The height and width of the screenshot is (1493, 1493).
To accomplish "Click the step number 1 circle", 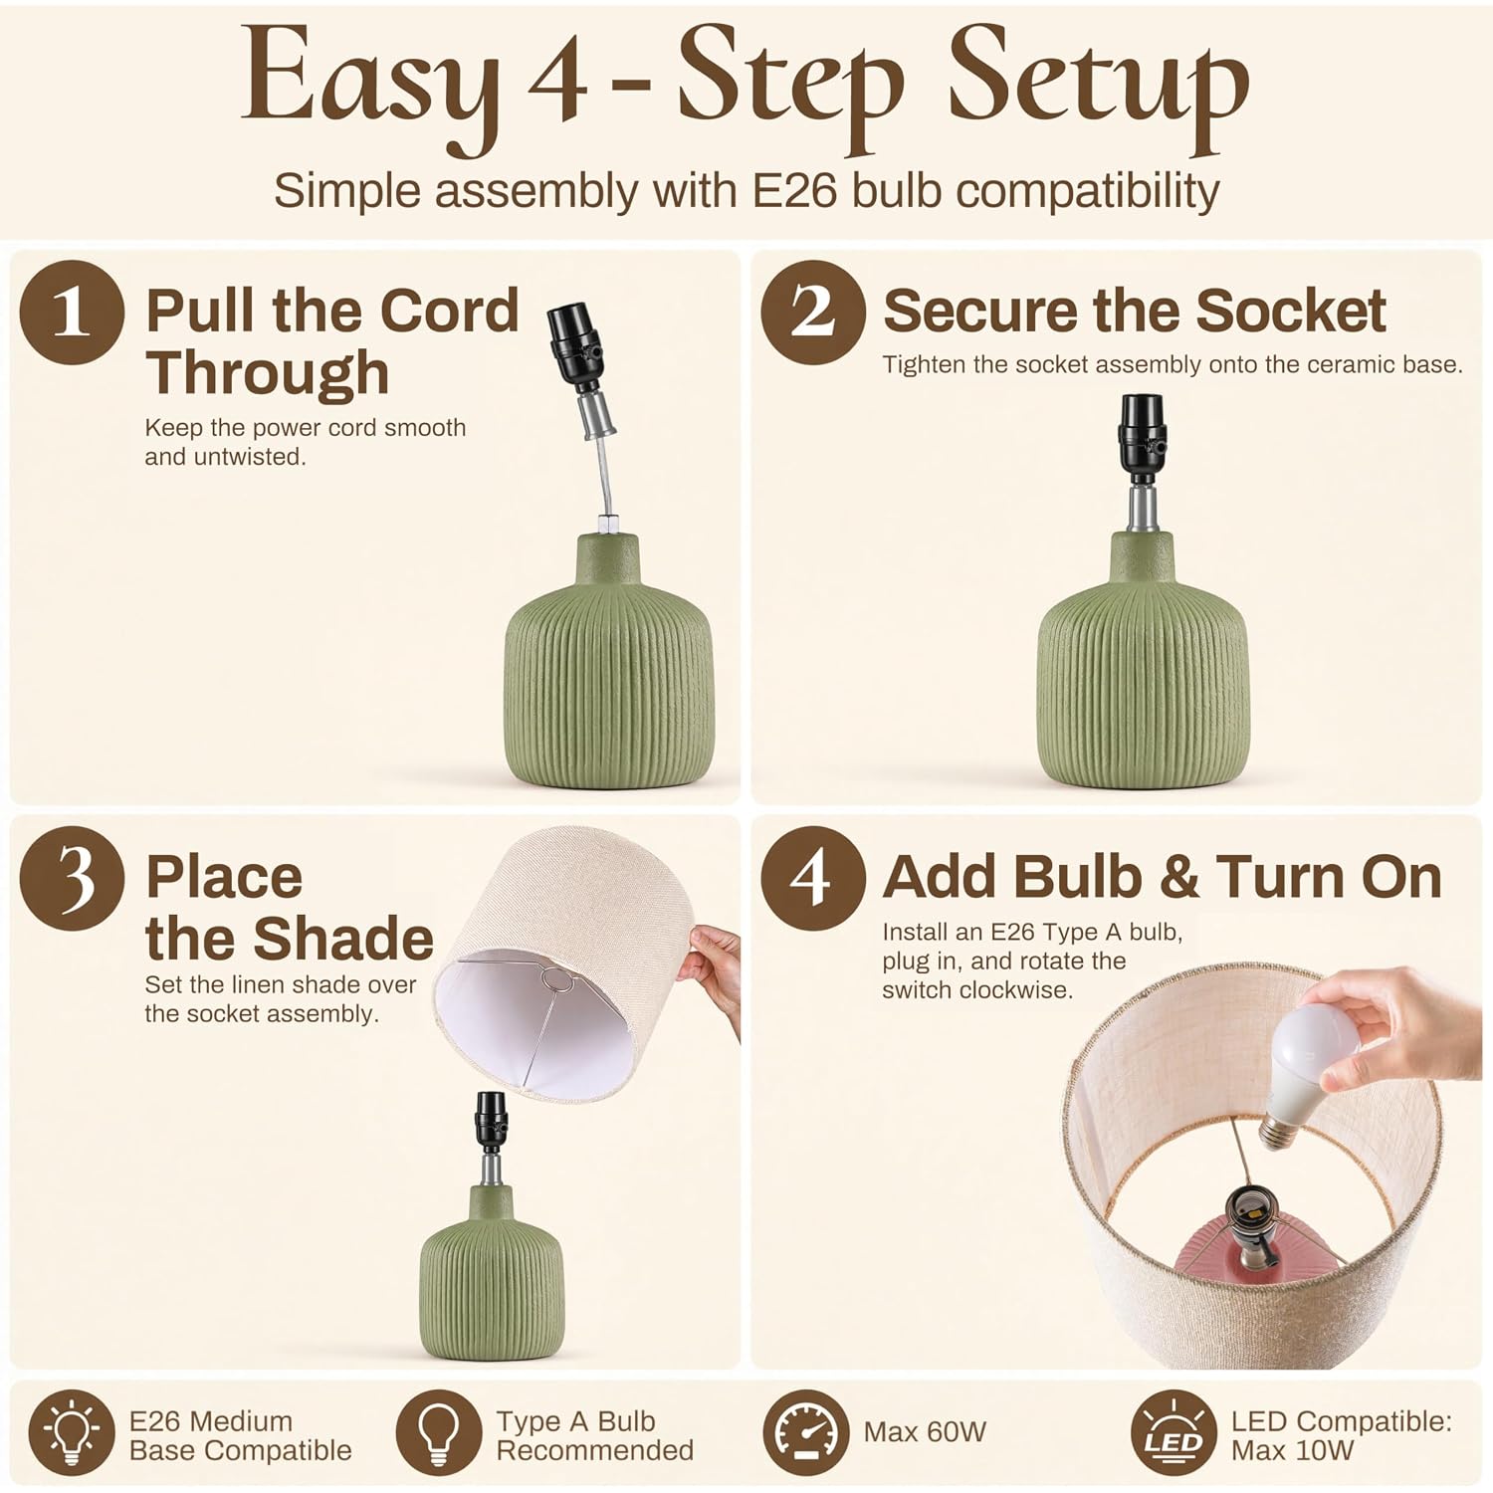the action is (x=72, y=312).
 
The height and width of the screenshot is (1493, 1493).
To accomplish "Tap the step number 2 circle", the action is (x=813, y=312).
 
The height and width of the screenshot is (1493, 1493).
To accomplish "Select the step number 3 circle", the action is (x=72, y=878).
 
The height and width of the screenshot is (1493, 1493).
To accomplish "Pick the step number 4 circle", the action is (x=813, y=878).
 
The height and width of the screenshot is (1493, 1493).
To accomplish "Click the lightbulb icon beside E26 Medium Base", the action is (x=72, y=1433).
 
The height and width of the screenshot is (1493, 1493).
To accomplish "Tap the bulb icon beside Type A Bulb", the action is (x=439, y=1433).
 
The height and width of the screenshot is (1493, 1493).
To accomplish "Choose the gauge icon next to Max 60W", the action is (x=806, y=1433).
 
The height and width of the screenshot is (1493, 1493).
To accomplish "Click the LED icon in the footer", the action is (x=1173, y=1433).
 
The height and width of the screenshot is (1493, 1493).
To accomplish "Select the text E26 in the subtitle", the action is (x=794, y=190).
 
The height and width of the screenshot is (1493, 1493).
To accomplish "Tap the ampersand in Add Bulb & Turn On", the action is (x=1178, y=878).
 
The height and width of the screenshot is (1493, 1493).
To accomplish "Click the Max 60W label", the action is (x=925, y=1432).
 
